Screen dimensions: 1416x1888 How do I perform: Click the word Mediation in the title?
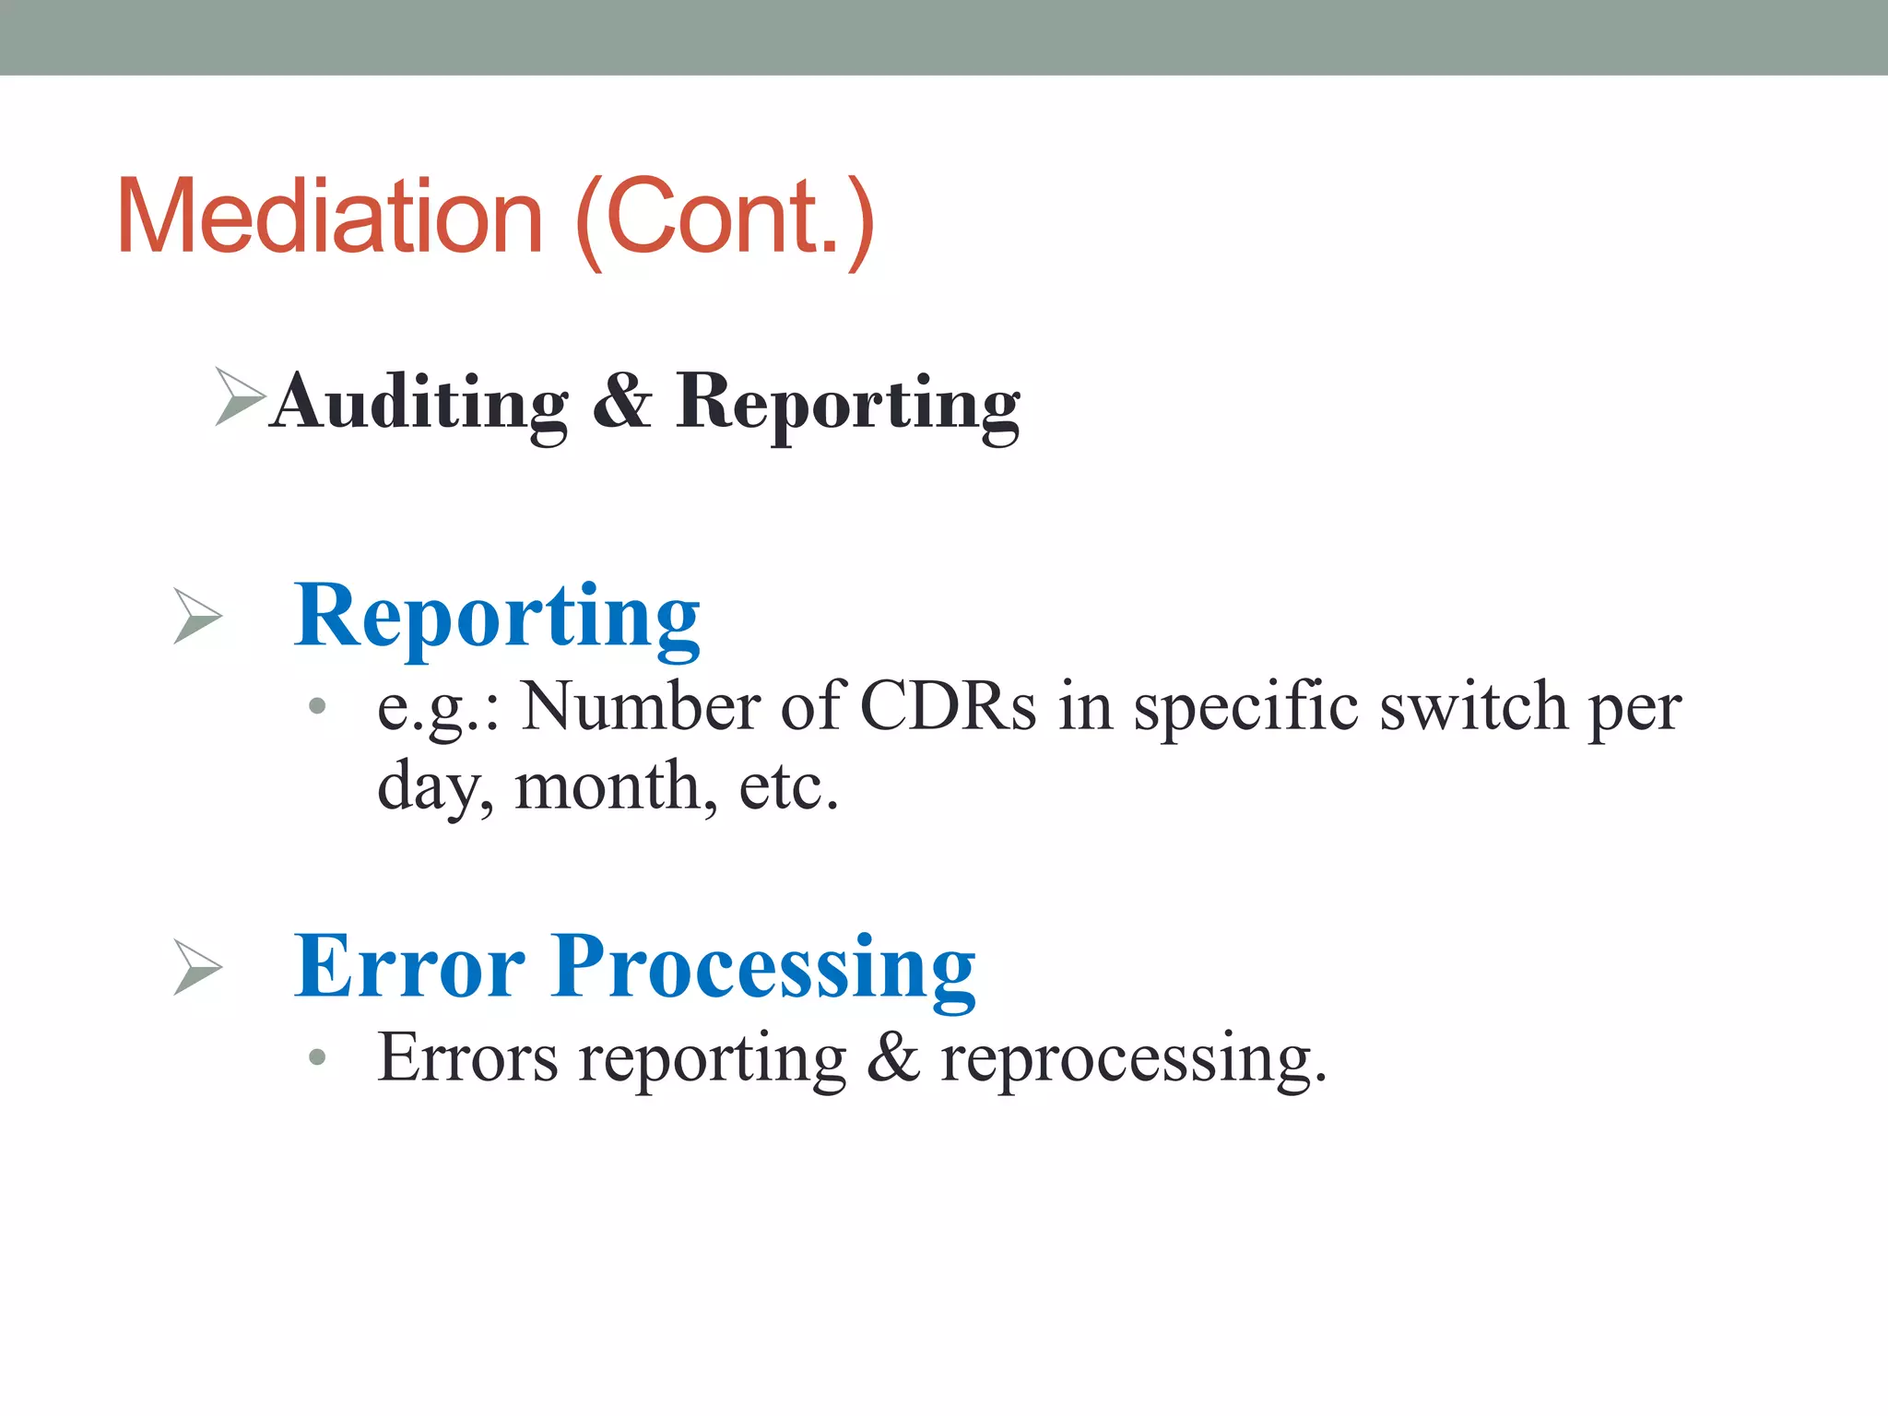click(329, 217)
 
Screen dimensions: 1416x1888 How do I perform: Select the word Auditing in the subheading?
click(419, 402)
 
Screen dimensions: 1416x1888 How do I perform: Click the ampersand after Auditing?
click(622, 402)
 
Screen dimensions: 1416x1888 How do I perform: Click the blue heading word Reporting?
click(497, 616)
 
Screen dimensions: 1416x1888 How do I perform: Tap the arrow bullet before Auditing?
click(239, 396)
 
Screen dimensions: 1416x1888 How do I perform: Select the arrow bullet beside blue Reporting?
click(198, 617)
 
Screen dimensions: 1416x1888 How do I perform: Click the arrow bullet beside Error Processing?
click(198, 968)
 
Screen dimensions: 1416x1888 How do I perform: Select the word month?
click(616, 787)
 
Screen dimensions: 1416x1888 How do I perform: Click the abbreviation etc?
click(789, 787)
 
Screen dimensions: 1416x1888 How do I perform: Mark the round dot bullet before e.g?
click(318, 707)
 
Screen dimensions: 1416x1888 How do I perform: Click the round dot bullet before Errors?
click(318, 1057)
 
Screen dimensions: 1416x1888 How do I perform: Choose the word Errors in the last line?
click(468, 1057)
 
